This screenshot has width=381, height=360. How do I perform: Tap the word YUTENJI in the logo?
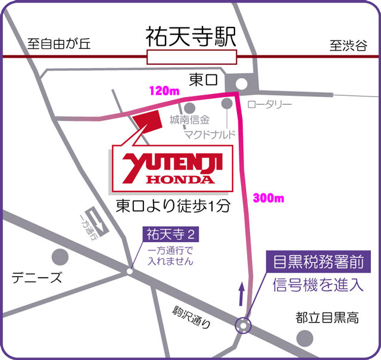coord(167,163)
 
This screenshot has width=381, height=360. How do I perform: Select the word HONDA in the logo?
coord(176,178)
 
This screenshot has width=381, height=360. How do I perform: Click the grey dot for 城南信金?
coord(190,107)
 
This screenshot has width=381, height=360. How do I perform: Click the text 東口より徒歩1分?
coord(173,206)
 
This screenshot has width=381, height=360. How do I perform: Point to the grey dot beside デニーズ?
coord(60,257)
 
